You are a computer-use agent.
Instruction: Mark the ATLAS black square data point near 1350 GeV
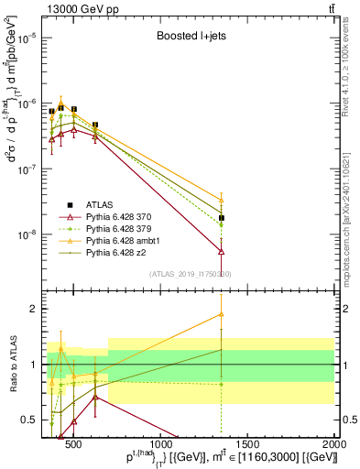[222, 218]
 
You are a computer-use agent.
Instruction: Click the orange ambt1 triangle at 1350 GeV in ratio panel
[222, 314]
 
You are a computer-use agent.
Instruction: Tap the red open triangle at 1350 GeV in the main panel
[222, 250]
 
